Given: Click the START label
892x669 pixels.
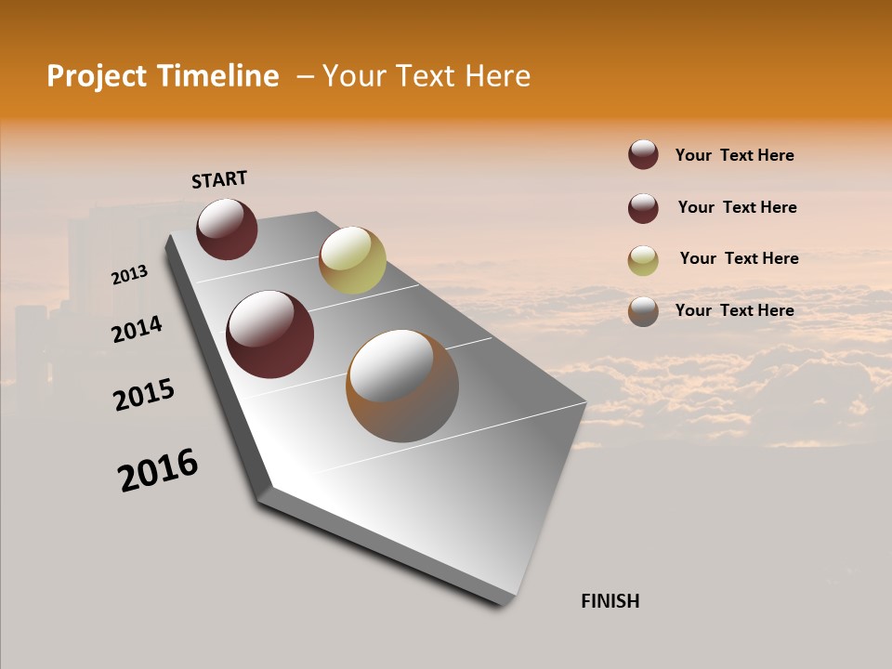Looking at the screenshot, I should (x=219, y=179).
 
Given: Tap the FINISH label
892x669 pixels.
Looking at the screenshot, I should (x=610, y=601).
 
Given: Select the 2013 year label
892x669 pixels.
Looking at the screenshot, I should (x=129, y=275).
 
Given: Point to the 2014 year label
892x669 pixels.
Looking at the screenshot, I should (x=137, y=330).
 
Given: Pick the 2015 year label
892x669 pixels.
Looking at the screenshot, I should (x=143, y=395).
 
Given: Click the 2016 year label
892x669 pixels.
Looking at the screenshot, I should (x=158, y=470).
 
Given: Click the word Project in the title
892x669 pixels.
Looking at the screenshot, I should (x=97, y=76).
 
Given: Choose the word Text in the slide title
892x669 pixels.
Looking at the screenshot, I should (x=421, y=76).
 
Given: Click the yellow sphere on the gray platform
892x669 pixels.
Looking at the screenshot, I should (x=352, y=259).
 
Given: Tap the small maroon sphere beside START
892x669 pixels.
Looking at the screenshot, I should (x=227, y=229).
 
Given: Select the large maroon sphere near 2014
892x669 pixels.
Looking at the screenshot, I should (x=269, y=334).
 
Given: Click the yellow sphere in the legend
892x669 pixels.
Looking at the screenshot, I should (x=643, y=260).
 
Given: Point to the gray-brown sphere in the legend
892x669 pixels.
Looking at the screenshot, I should (x=643, y=311).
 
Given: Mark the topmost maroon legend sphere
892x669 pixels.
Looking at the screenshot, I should (x=643, y=154).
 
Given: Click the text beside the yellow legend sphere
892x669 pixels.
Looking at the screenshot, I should (x=739, y=258).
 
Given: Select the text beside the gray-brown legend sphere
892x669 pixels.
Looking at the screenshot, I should (x=734, y=310).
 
